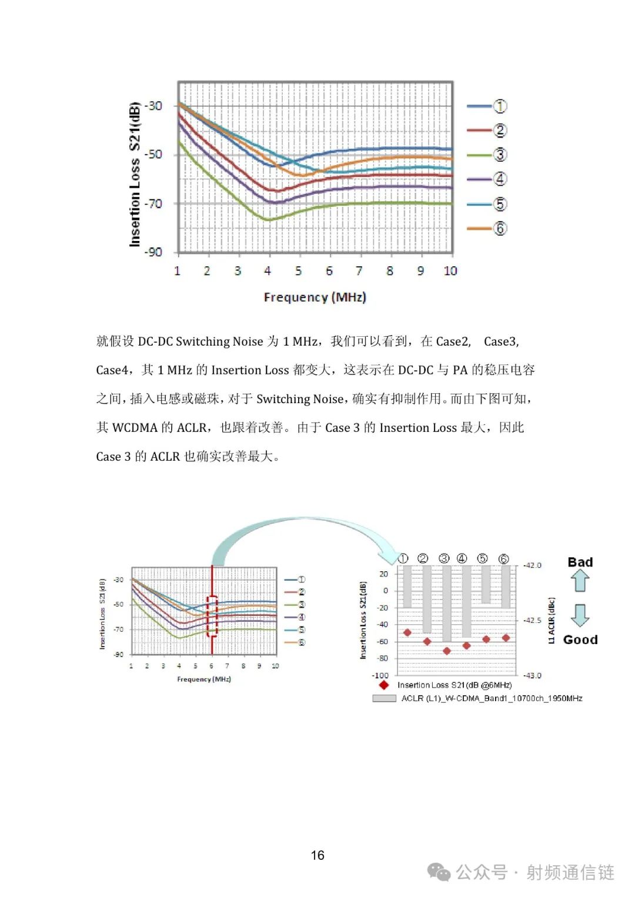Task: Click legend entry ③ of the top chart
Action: (x=487, y=155)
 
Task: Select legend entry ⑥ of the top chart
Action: (x=487, y=229)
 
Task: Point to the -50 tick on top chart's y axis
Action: (x=153, y=155)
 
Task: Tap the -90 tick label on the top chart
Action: (x=153, y=252)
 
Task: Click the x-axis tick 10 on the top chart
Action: (x=450, y=271)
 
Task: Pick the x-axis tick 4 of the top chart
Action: (x=268, y=271)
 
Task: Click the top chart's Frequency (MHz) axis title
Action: (x=315, y=297)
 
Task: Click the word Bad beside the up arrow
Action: (x=580, y=562)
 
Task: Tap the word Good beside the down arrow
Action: (x=580, y=639)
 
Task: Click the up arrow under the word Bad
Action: (x=580, y=581)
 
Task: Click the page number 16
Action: (x=317, y=855)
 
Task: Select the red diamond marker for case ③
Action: (x=446, y=651)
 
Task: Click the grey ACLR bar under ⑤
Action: (x=486, y=585)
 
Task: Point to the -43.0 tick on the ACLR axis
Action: (x=533, y=675)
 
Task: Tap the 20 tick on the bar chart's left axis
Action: (x=384, y=574)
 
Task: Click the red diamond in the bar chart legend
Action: (x=384, y=685)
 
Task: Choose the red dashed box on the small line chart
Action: (x=212, y=616)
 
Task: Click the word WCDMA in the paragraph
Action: (x=135, y=428)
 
